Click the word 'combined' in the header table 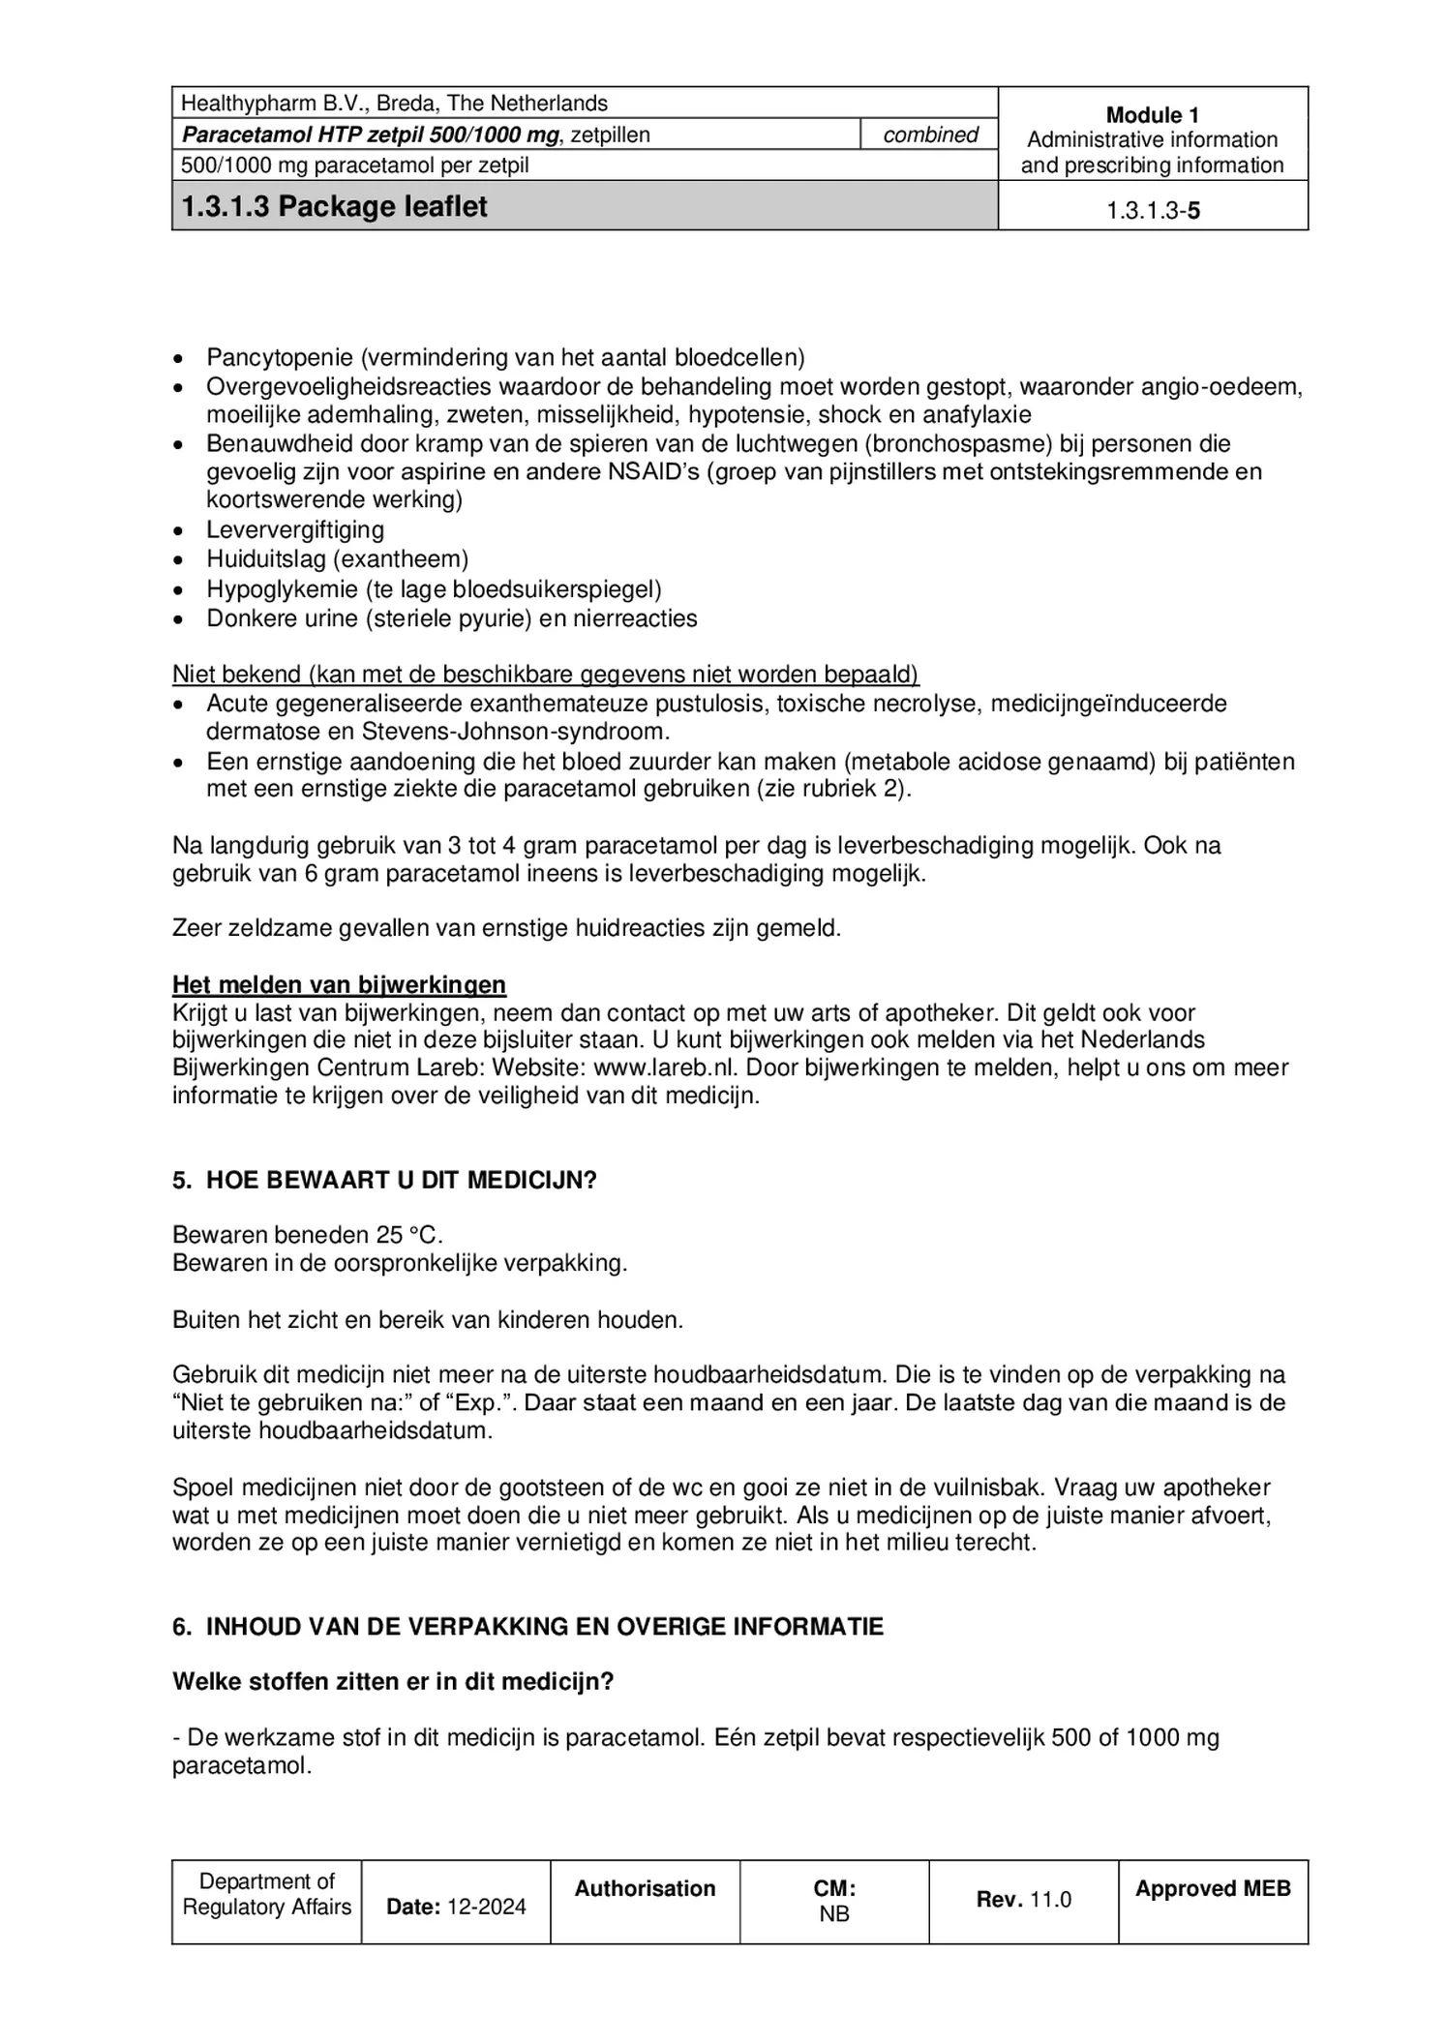(x=929, y=135)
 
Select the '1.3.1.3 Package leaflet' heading (x=335, y=206)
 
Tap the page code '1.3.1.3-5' (x=1152, y=210)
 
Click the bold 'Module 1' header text (x=1152, y=114)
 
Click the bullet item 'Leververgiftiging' (x=294, y=529)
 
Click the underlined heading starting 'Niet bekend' (x=545, y=674)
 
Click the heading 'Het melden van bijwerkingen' (x=339, y=984)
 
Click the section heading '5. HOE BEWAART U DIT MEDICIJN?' (x=384, y=1180)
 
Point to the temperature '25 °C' (x=408, y=1235)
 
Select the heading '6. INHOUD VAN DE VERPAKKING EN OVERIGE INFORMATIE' (x=527, y=1626)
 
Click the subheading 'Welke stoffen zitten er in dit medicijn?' (x=393, y=1681)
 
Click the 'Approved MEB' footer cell (x=1212, y=1888)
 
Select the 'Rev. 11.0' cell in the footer (x=1023, y=1899)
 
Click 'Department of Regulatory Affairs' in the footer (x=266, y=1894)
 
